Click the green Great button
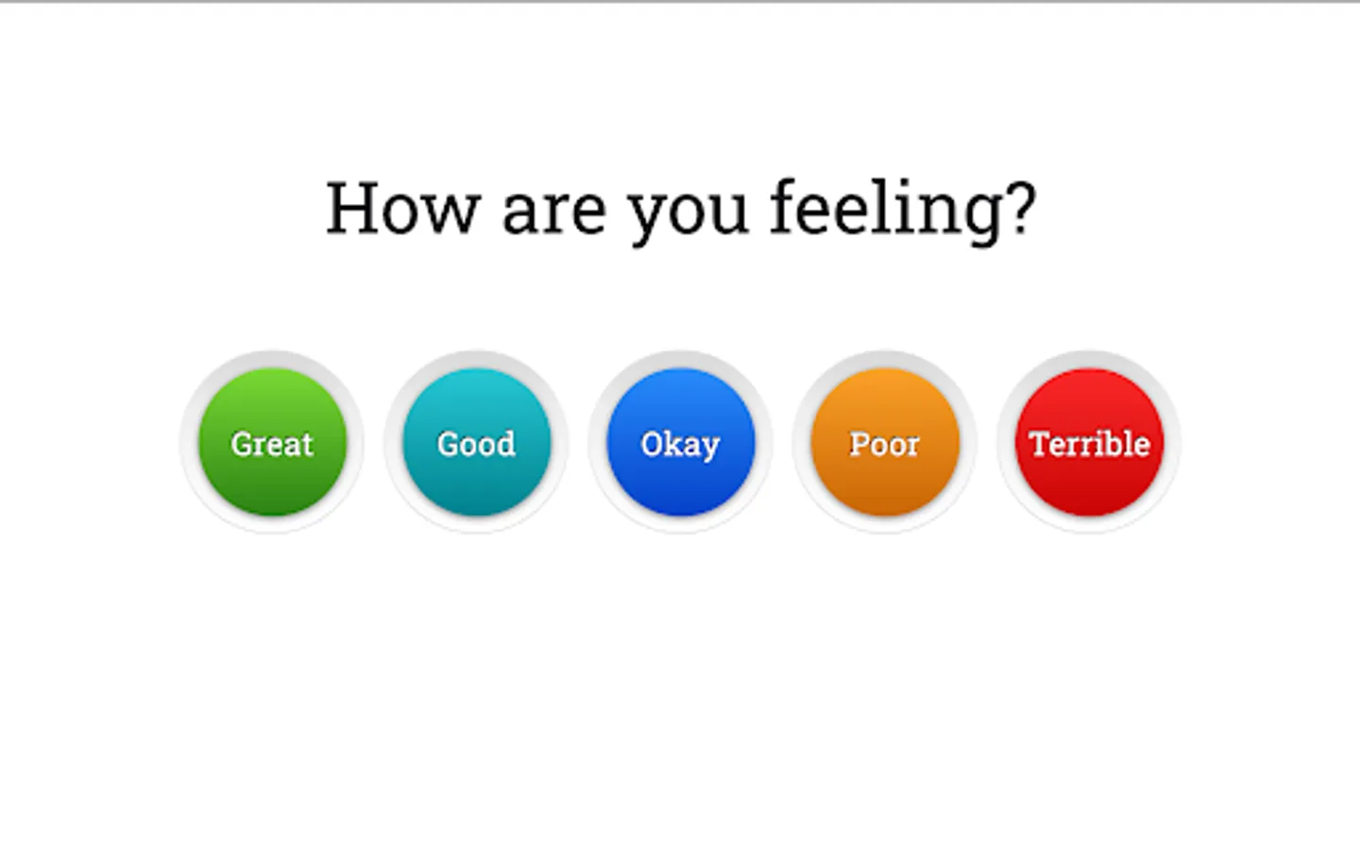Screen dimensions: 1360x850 click(273, 442)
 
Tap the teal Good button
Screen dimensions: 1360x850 click(477, 442)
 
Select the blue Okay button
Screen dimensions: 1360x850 click(681, 442)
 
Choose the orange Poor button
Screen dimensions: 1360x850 click(885, 442)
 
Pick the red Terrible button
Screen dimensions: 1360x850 click(1089, 442)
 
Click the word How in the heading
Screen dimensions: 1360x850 click(403, 208)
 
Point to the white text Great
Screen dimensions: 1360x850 click(272, 444)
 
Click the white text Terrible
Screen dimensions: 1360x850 click(1089, 443)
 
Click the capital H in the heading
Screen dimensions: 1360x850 click(352, 208)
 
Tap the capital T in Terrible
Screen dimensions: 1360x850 click(1040, 444)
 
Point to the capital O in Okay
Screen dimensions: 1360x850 click(652, 444)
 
